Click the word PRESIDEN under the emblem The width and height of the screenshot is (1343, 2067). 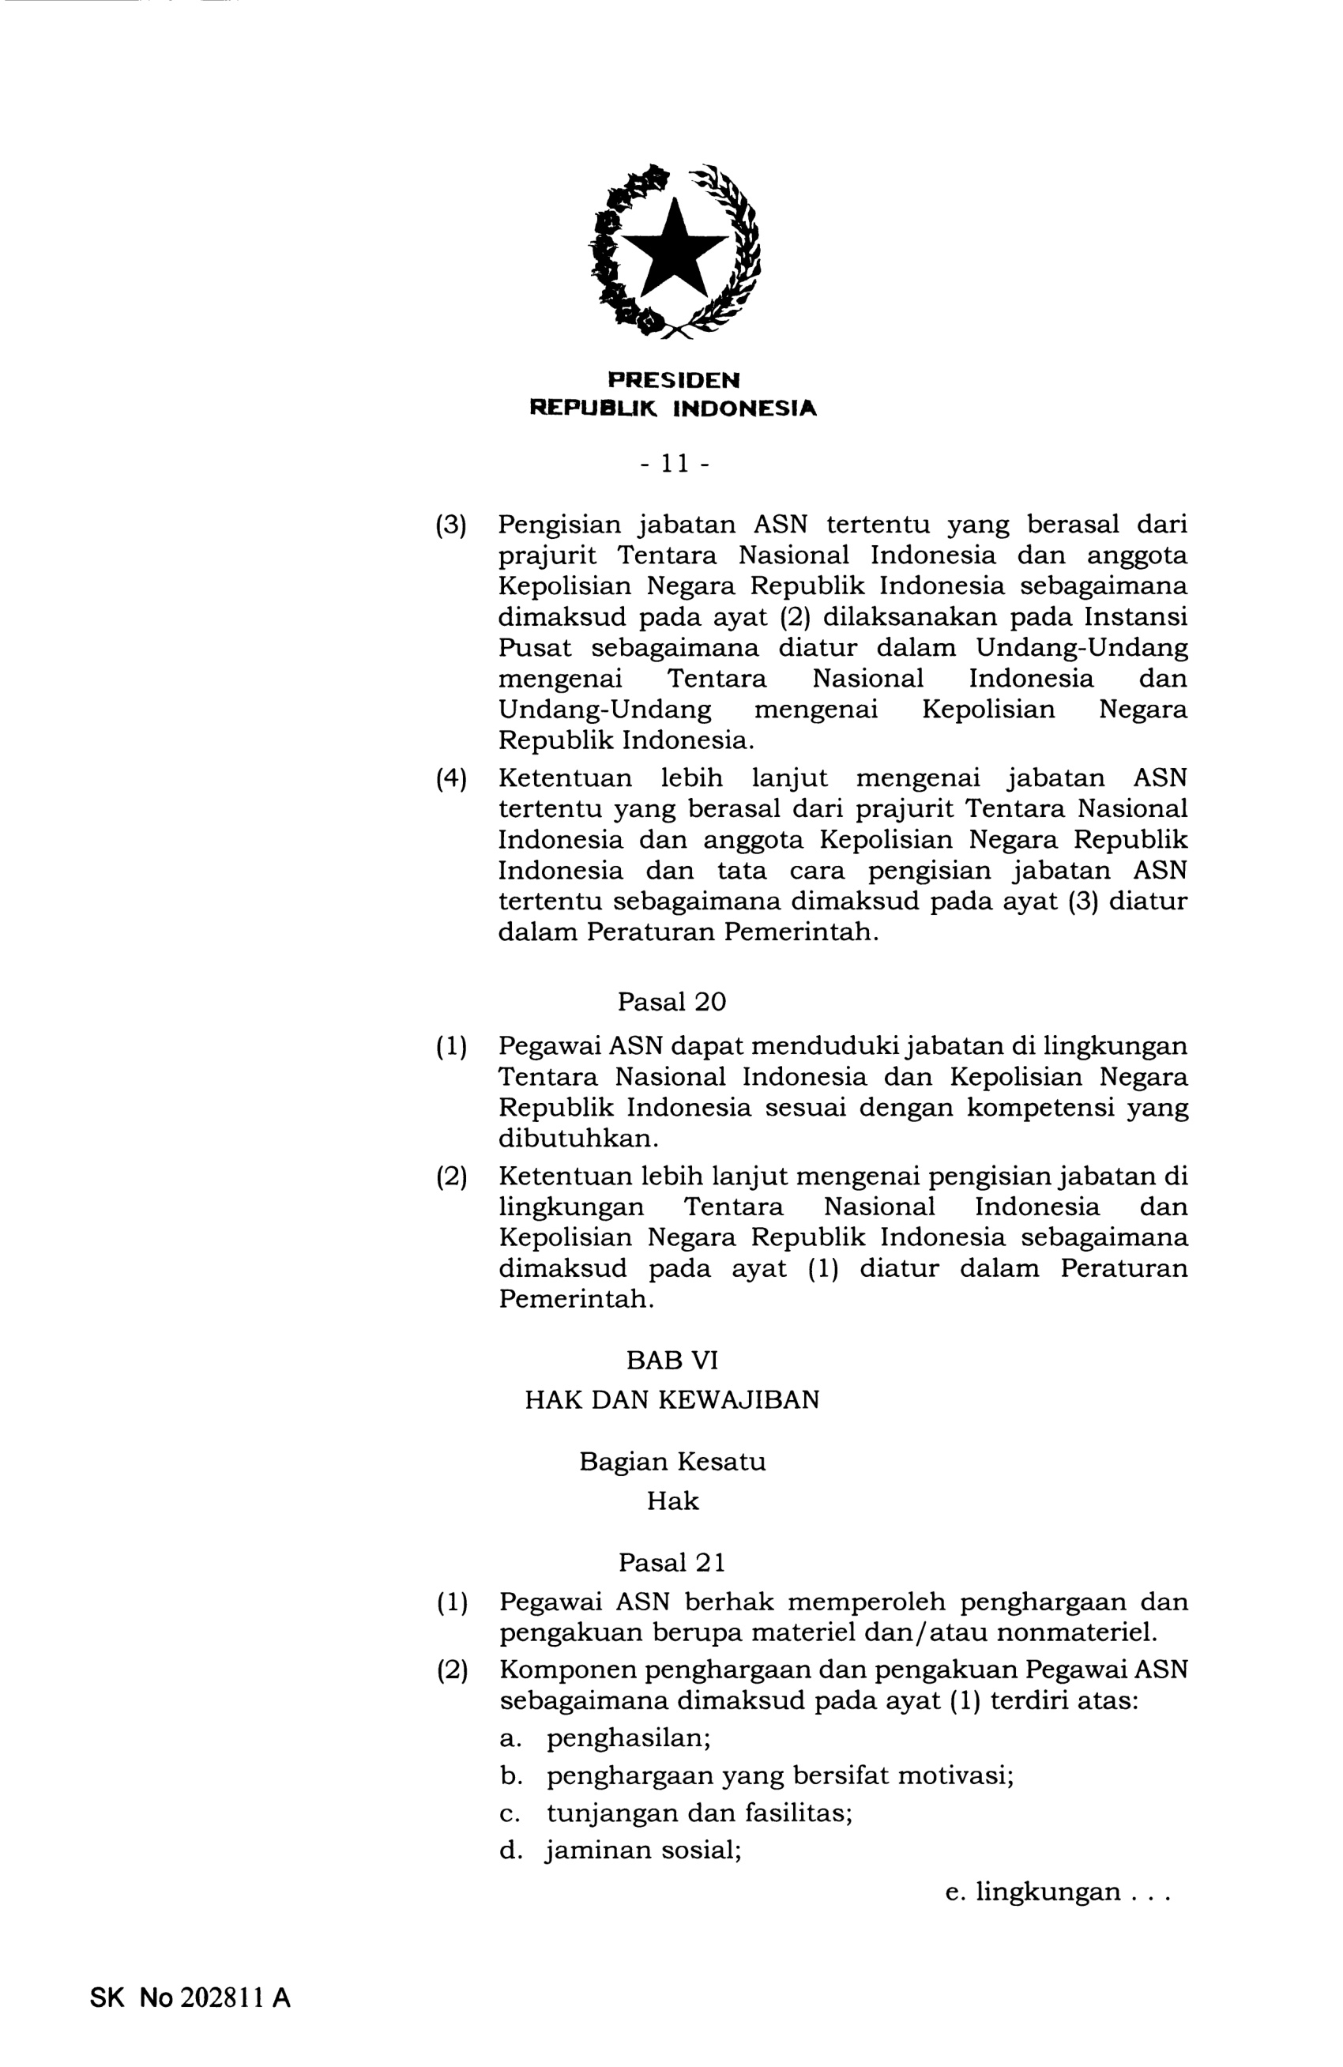coord(673,379)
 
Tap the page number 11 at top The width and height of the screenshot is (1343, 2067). coord(674,464)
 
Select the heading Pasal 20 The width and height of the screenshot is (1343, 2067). coord(671,1001)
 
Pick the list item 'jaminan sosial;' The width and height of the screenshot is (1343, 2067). coord(643,1850)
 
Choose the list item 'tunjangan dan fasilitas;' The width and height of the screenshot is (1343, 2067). coord(699,1813)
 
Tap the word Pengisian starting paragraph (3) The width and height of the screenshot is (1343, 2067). coord(559,525)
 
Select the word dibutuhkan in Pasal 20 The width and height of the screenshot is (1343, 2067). coord(578,1138)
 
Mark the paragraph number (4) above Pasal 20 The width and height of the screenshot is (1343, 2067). coord(450,778)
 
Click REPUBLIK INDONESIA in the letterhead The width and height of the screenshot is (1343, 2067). coord(673,408)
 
